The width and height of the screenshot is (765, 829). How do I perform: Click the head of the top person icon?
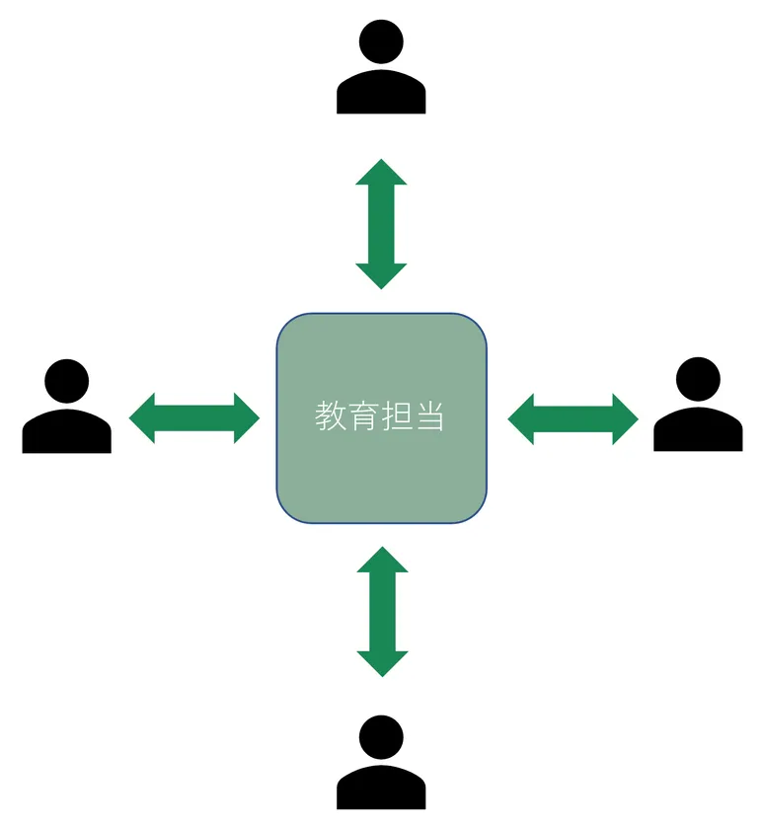click(x=381, y=41)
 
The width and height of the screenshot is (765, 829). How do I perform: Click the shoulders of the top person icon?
click(x=381, y=92)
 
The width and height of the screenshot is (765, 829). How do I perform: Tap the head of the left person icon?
click(x=66, y=381)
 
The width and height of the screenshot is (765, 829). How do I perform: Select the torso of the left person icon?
click(x=66, y=431)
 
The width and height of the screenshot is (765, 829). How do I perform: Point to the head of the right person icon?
click(x=698, y=379)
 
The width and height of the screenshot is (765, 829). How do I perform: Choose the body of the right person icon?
click(x=698, y=429)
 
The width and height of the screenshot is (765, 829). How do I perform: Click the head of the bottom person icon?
click(x=381, y=737)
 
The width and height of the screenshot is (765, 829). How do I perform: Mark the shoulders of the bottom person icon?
click(x=381, y=788)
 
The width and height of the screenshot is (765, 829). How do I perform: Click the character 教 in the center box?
click(x=331, y=415)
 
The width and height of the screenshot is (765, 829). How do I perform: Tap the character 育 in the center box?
click(x=363, y=415)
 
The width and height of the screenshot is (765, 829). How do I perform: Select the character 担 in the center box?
click(x=397, y=415)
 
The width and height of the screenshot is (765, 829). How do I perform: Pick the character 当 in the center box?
click(x=429, y=415)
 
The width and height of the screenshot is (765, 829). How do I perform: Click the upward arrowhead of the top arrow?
click(x=381, y=172)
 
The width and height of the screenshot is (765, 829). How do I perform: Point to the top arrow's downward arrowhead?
click(x=381, y=276)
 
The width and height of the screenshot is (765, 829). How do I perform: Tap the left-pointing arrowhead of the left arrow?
click(x=142, y=418)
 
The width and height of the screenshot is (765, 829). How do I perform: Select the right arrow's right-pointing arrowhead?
click(x=626, y=419)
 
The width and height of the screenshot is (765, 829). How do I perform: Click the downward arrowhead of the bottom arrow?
click(x=382, y=664)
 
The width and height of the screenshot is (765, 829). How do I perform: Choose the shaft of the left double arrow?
click(x=194, y=418)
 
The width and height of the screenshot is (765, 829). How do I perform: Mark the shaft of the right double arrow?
click(x=574, y=419)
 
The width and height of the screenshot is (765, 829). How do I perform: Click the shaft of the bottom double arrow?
click(x=382, y=612)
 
